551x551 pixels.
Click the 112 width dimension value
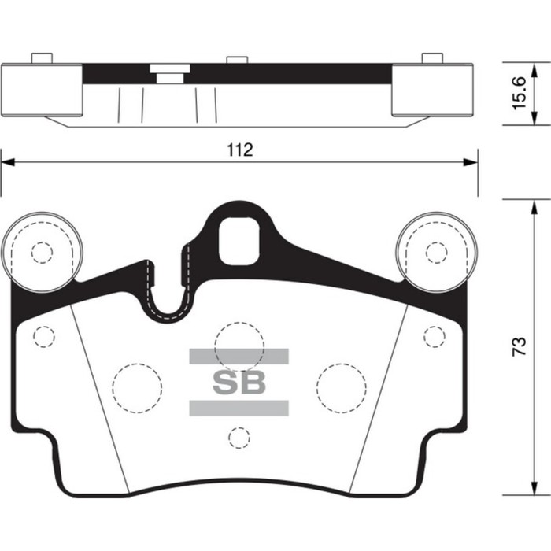(x=240, y=150)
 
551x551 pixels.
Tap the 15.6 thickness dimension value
(x=519, y=93)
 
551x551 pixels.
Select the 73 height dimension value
(x=519, y=346)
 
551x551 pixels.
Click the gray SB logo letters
(x=239, y=383)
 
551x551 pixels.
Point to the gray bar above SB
(x=239, y=357)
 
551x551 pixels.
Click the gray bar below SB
(x=239, y=408)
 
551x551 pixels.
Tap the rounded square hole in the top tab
(x=239, y=241)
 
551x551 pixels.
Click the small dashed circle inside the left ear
(x=42, y=253)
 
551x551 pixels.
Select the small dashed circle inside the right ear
(x=436, y=253)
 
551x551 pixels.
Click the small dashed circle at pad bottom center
(x=239, y=438)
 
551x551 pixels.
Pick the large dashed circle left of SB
(x=138, y=388)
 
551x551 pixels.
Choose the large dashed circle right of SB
(x=341, y=388)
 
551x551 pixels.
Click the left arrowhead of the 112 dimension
(x=8, y=162)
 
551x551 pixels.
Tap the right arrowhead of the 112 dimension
(x=471, y=162)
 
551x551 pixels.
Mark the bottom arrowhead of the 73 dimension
(x=534, y=489)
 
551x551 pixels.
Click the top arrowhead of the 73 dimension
(x=534, y=207)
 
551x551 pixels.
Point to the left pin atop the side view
(x=42, y=58)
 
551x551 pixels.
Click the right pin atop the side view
(x=432, y=58)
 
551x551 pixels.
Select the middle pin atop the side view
(x=237, y=60)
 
